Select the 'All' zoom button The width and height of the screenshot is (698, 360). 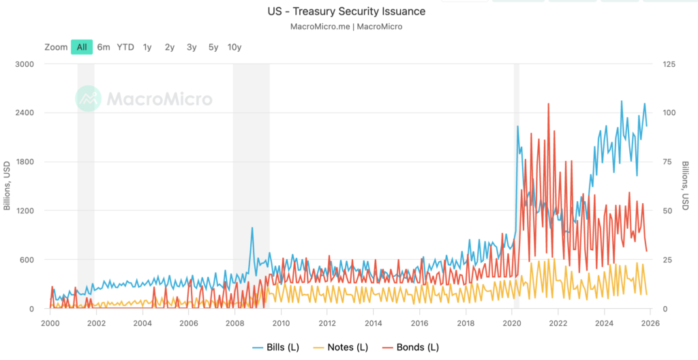tap(82, 47)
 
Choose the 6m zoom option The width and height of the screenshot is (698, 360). tap(104, 47)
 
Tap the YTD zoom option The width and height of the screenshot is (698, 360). tap(125, 47)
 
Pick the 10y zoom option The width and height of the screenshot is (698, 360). tap(234, 47)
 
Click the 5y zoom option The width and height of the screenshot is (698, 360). tap(213, 47)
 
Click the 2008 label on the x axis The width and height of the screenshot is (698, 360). tap(234, 322)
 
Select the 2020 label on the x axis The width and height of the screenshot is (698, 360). tap(513, 322)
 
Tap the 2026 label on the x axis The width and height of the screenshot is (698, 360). tap(650, 322)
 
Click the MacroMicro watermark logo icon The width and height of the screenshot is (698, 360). tap(88, 99)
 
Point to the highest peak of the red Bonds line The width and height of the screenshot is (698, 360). tap(548, 104)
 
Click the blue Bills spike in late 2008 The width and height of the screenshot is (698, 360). tap(252, 228)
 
